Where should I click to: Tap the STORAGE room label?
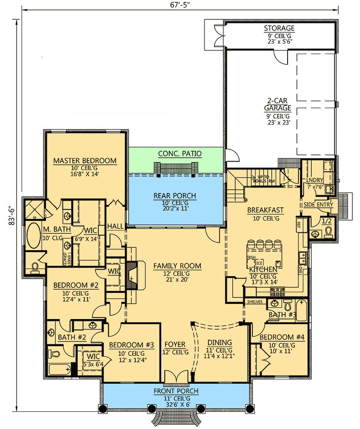coord(279,29)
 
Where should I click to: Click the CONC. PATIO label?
coord(180,154)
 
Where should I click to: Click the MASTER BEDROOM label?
coord(85,160)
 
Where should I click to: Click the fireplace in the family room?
coord(132,275)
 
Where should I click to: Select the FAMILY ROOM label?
coord(177,266)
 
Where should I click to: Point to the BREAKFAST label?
coord(265,210)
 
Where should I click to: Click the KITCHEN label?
coord(265,269)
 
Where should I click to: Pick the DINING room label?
coord(220,342)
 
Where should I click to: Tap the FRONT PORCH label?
coord(175,391)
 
